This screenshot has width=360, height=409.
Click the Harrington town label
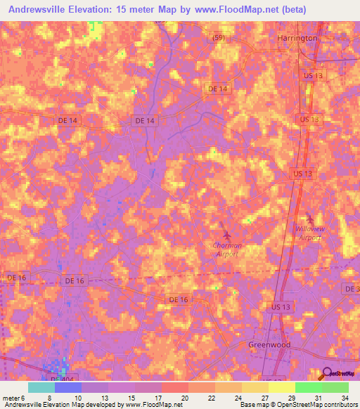pyautogui.click(x=297, y=38)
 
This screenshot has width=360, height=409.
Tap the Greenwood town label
pyautogui.click(x=269, y=345)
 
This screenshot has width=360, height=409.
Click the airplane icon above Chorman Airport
pyautogui.click(x=226, y=233)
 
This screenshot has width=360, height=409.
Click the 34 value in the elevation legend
pyautogui.click(x=344, y=397)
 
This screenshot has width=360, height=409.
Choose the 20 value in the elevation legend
pyautogui.click(x=184, y=397)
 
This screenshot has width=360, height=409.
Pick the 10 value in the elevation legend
pyautogui.click(x=77, y=397)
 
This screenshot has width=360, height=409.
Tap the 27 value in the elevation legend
pyautogui.click(x=264, y=397)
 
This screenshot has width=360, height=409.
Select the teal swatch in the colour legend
pyautogui.click(x=41, y=387)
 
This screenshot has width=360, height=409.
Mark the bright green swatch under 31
pyautogui.click(x=308, y=387)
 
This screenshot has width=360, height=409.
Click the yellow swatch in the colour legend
pyautogui.click(x=281, y=387)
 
